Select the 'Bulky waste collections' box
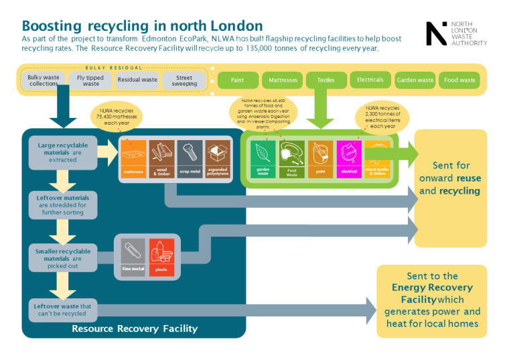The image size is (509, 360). pos(44,80)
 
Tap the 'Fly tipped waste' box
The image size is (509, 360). pos(91,80)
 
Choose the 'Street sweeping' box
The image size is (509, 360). pos(184,80)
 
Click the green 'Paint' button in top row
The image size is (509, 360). pos(237,80)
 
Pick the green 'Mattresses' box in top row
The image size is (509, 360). pos(282,80)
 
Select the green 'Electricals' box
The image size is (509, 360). pos(370,80)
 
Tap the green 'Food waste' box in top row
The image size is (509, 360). pos(459,80)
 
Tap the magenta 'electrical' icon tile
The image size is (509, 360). pos(349,159)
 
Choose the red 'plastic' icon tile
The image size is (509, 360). pos(161,257)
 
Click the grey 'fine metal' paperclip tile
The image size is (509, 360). pos(133,257)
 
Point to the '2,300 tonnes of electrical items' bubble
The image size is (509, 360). pos(382,117)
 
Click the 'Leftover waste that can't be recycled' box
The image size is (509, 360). pos(63,310)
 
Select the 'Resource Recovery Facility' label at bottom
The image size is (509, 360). pos(135,328)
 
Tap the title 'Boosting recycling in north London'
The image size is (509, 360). pos(142,26)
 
